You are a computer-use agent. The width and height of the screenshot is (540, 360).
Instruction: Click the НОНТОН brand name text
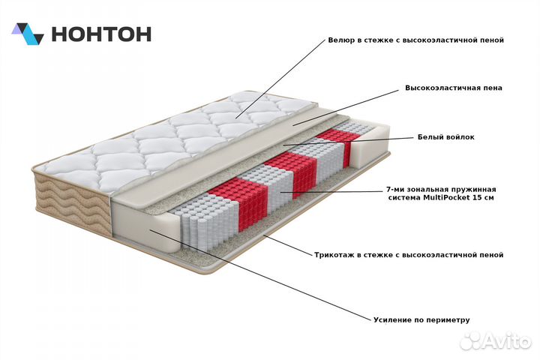click(101, 34)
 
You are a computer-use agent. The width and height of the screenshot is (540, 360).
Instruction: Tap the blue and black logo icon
click(28, 34)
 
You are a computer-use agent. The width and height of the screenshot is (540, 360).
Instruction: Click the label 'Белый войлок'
click(446, 137)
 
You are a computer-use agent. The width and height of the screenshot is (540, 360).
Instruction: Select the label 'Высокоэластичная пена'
click(454, 88)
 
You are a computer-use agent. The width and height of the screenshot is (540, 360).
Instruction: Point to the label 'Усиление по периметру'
click(421, 320)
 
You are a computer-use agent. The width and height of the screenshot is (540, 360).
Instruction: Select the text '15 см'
click(484, 198)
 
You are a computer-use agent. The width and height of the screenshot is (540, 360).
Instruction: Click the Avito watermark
click(496, 341)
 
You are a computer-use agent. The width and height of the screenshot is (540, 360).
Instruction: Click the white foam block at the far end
click(370, 146)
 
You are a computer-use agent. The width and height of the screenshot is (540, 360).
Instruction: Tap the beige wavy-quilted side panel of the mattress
click(72, 202)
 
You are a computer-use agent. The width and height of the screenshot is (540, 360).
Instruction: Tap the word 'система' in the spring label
click(405, 198)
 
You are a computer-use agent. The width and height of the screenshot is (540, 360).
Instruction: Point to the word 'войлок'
click(460, 137)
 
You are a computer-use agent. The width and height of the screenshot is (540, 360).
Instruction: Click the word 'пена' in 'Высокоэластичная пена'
click(493, 88)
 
